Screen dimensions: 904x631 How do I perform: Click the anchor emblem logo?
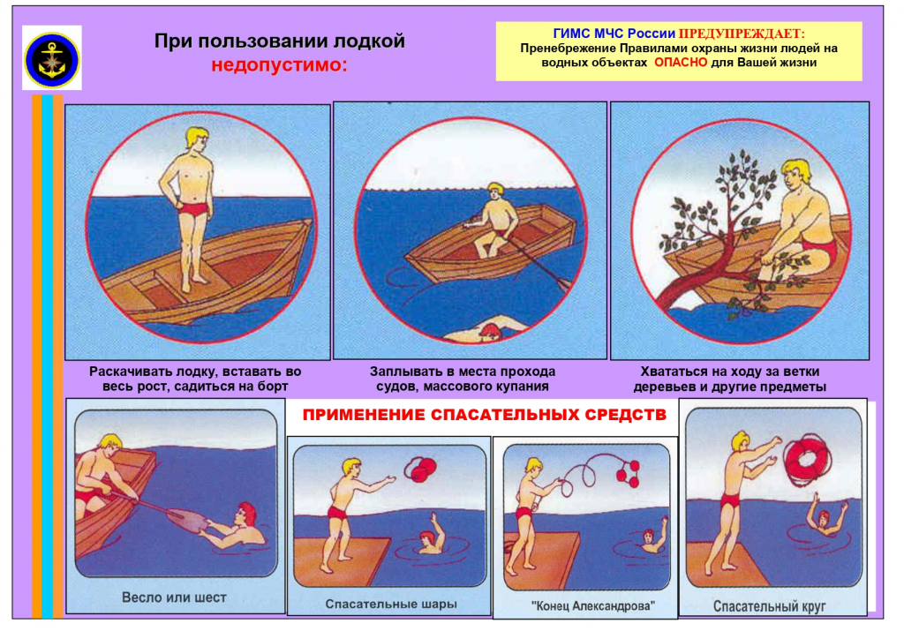pyautogui.click(x=52, y=59)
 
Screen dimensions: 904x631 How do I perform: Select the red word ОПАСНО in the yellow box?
pyautogui.click(x=681, y=63)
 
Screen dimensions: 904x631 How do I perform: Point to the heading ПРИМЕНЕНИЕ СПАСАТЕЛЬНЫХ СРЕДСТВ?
pyautogui.click(x=485, y=415)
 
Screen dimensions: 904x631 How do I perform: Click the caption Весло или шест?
pyautogui.click(x=174, y=597)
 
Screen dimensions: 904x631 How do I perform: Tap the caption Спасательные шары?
pyautogui.click(x=391, y=604)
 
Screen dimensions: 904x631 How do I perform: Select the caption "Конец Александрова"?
pyautogui.click(x=593, y=605)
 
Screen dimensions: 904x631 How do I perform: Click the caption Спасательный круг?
pyautogui.click(x=769, y=606)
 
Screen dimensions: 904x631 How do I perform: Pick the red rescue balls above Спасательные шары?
pyautogui.click(x=421, y=469)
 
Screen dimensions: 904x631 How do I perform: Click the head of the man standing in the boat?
pyautogui.click(x=197, y=140)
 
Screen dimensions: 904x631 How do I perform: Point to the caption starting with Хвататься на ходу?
pyautogui.click(x=729, y=379)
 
